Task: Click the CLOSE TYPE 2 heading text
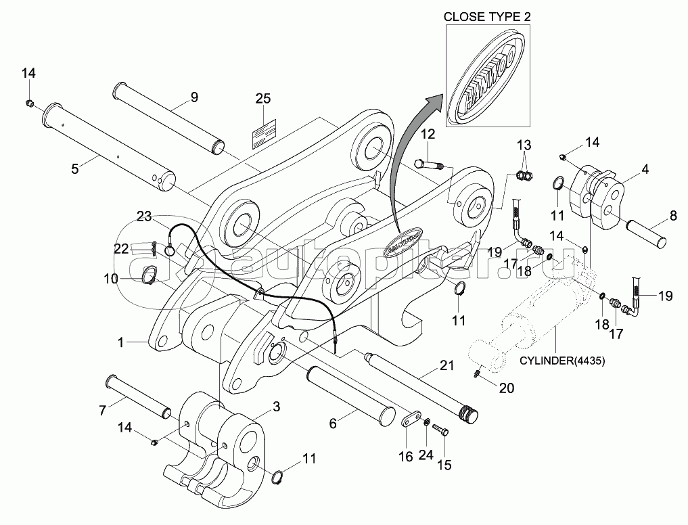[x=485, y=16]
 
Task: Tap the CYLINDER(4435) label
[x=562, y=361]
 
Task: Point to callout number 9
[x=194, y=97]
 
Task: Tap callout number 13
[x=525, y=145]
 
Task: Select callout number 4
[x=645, y=169]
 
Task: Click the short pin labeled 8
[x=648, y=233]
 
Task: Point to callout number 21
[x=446, y=367]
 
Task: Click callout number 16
[x=405, y=457]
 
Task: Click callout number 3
[x=276, y=406]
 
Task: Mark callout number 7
[x=102, y=409]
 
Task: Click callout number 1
[x=120, y=343]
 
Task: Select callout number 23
[x=143, y=216]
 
